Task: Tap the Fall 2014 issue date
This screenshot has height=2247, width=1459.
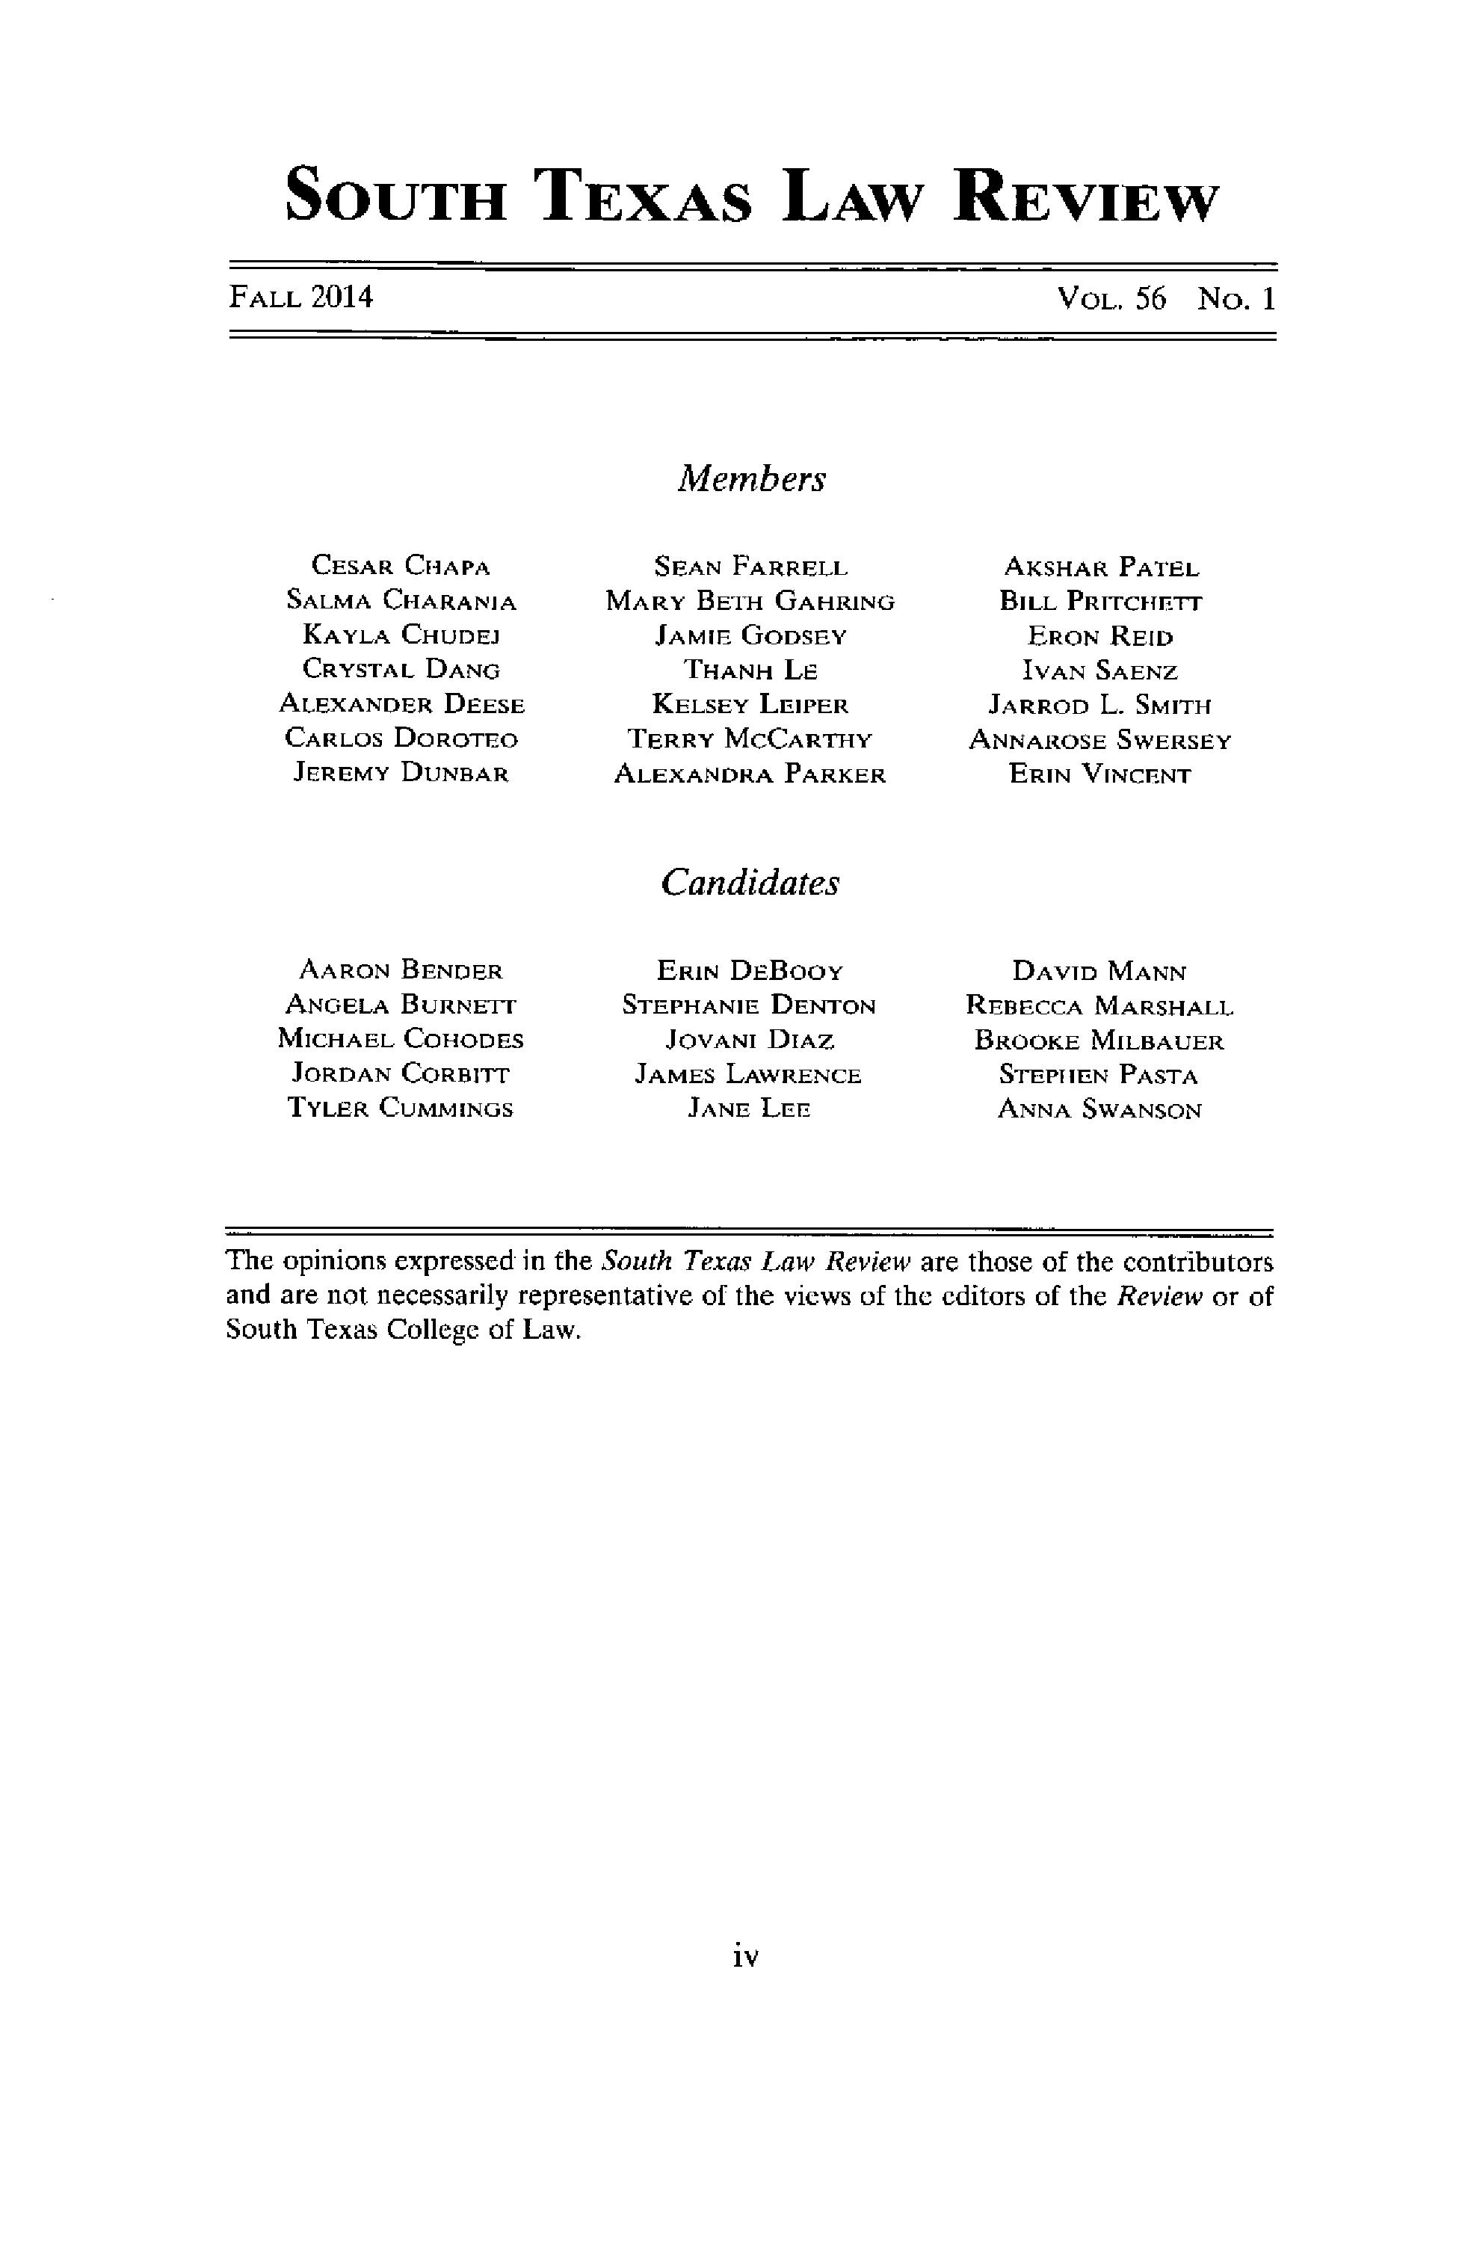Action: coord(301,298)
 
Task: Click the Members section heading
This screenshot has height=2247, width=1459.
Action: coord(750,478)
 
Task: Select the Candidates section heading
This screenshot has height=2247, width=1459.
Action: coord(749,883)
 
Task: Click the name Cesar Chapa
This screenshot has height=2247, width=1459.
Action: coord(401,567)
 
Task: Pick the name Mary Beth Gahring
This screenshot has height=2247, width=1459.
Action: coord(750,602)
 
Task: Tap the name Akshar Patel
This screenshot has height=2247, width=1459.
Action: coord(1100,567)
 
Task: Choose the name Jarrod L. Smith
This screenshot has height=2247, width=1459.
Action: coord(1099,705)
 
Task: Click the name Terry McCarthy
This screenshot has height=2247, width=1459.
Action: coord(750,739)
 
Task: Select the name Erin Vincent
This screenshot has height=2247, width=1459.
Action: coord(1099,775)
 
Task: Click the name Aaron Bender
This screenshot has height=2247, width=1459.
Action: coord(401,970)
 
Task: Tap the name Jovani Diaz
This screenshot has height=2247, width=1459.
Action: coord(750,1041)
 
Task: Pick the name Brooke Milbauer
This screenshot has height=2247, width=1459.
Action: coord(1099,1041)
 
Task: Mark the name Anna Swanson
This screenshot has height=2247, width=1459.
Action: coord(1099,1110)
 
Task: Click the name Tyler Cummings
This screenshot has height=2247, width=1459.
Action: coord(401,1109)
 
